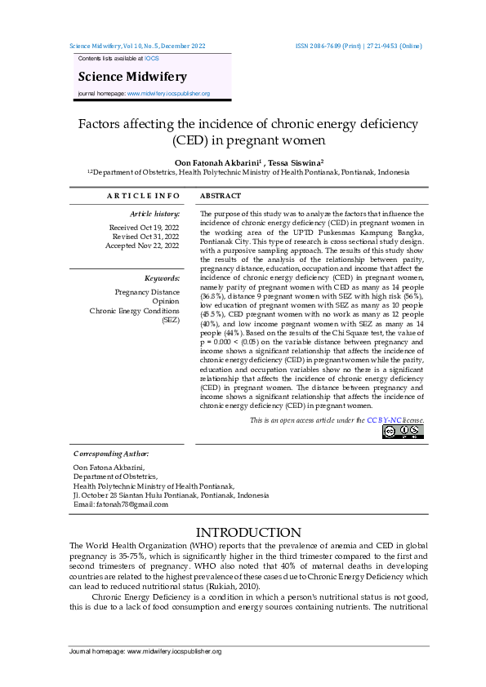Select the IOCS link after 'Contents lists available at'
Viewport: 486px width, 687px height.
click(x=153, y=60)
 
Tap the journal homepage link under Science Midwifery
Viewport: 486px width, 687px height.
click(x=168, y=94)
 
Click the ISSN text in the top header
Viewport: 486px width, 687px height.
click(x=359, y=47)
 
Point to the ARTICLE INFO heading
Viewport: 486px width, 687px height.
click(x=143, y=197)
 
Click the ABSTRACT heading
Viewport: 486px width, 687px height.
click(x=221, y=197)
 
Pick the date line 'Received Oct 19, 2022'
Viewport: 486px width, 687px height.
click(x=144, y=228)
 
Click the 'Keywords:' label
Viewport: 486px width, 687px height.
click(x=162, y=278)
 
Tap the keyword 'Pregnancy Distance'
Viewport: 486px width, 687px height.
click(x=147, y=292)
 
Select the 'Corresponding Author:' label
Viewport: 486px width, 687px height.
click(x=111, y=453)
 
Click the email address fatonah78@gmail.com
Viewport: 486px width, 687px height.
click(x=132, y=504)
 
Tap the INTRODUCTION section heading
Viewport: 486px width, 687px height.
click(x=243, y=533)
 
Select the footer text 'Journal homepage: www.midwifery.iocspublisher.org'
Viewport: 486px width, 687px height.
click(x=145, y=652)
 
